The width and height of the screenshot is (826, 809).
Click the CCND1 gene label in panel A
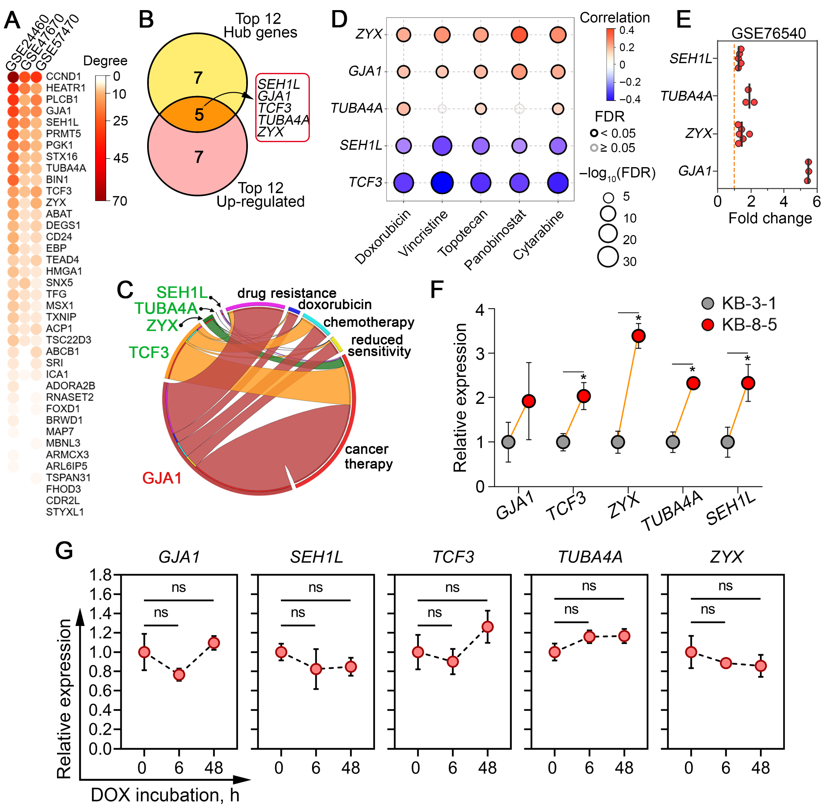point(63,76)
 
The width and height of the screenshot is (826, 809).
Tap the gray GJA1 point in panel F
point(508,442)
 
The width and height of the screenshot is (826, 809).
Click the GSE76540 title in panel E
point(768,33)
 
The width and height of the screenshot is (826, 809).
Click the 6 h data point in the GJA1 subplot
point(179,675)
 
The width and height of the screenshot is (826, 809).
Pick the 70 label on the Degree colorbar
point(120,201)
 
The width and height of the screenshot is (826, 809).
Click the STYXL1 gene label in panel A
point(65,512)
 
